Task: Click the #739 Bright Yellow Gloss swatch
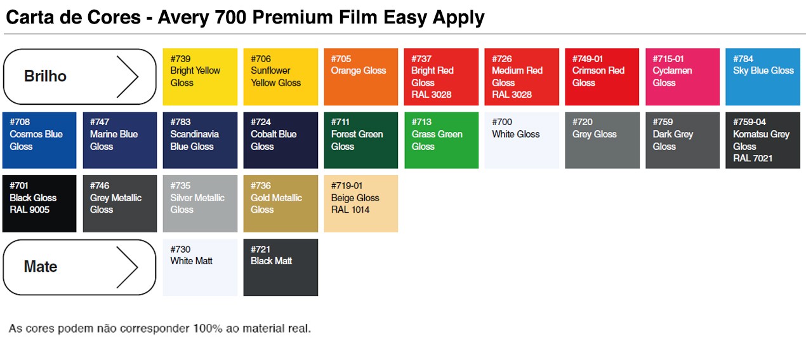(200, 77)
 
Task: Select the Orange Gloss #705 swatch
(361, 77)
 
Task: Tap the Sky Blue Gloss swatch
(763, 77)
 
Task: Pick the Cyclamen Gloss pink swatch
(683, 77)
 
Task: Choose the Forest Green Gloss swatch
(361, 140)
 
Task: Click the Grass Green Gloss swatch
(442, 140)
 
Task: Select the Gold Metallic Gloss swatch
(281, 204)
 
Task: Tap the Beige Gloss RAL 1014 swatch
(361, 204)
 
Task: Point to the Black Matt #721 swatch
(281, 267)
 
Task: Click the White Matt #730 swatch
(200, 267)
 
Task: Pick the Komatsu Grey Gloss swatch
(763, 140)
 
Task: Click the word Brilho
(45, 76)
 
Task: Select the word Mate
(41, 267)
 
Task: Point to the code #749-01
(588, 58)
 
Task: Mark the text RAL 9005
(29, 210)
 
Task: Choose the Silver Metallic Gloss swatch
(200, 204)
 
